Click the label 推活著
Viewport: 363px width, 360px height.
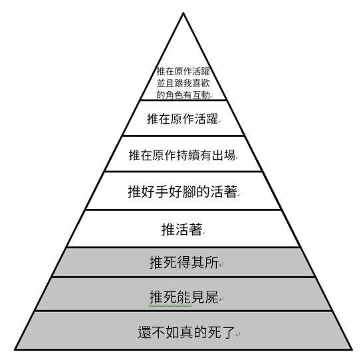click(x=181, y=230)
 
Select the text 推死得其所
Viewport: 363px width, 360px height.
click(x=184, y=262)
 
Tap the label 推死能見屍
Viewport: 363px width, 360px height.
click(x=184, y=297)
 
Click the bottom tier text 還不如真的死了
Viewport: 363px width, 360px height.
click(x=186, y=332)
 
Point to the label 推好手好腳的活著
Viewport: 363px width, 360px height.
click(x=182, y=192)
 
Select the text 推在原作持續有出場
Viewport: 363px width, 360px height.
click(x=182, y=155)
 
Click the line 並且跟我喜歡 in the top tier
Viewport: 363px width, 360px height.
click(x=183, y=83)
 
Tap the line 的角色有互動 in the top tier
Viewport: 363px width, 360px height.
click(x=183, y=94)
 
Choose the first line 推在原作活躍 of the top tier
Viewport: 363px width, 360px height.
click(x=183, y=71)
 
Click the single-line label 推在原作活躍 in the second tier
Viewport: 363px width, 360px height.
click(x=182, y=118)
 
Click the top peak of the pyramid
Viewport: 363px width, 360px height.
click(x=183, y=13)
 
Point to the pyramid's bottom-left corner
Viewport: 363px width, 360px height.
click(x=15, y=349)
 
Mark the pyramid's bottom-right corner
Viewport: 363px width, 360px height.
click(x=352, y=349)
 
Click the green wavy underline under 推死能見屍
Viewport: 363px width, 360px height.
click(x=170, y=306)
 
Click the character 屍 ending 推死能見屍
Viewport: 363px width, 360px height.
click(x=211, y=297)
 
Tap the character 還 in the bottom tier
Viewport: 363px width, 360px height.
click(x=145, y=332)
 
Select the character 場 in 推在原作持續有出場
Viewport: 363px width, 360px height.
click(x=229, y=155)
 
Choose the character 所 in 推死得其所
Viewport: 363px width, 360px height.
click(x=211, y=262)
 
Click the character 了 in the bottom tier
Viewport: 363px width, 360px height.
click(x=228, y=332)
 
